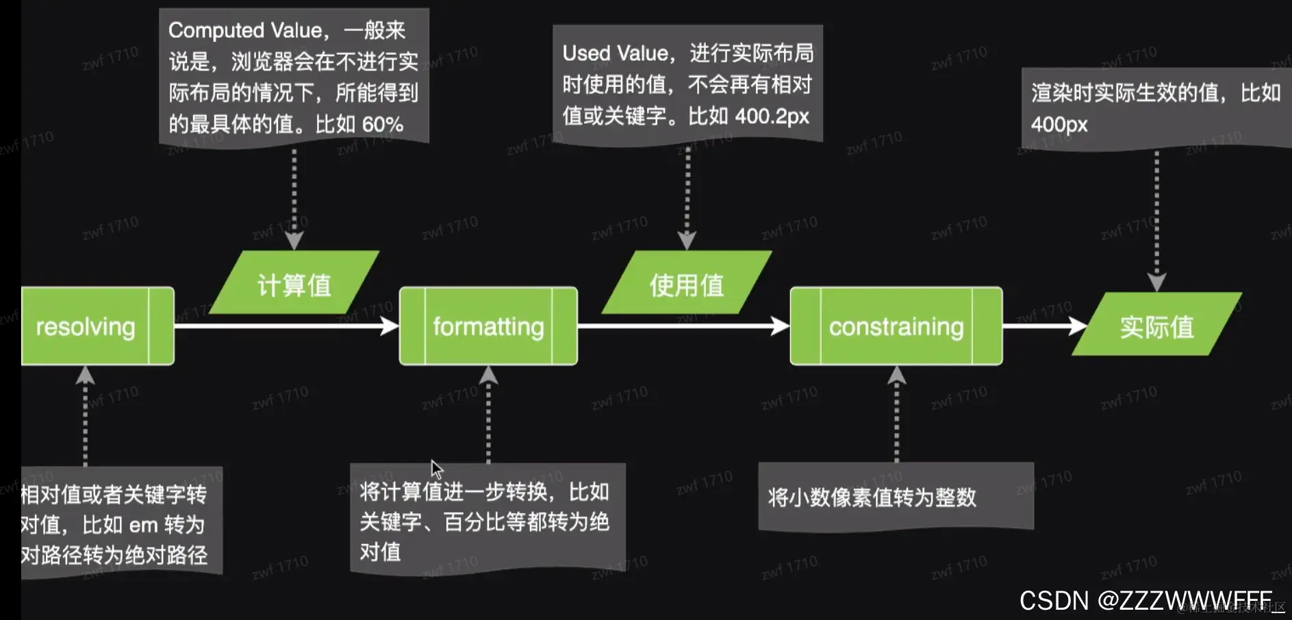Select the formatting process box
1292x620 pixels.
pyautogui.click(x=488, y=326)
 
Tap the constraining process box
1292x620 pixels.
pyautogui.click(x=896, y=326)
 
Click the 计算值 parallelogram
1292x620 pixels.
pyautogui.click(x=294, y=284)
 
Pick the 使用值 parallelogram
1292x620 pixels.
pyautogui.click(x=687, y=284)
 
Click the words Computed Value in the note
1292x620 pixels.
pyautogui.click(x=245, y=30)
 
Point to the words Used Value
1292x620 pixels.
pyautogui.click(x=615, y=53)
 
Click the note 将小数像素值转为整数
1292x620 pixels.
pyautogui.click(x=872, y=497)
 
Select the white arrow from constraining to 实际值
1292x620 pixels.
pyautogui.click(x=1043, y=326)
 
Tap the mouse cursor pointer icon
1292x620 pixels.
pyautogui.click(x=436, y=469)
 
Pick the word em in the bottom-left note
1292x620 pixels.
pyautogui.click(x=143, y=525)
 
